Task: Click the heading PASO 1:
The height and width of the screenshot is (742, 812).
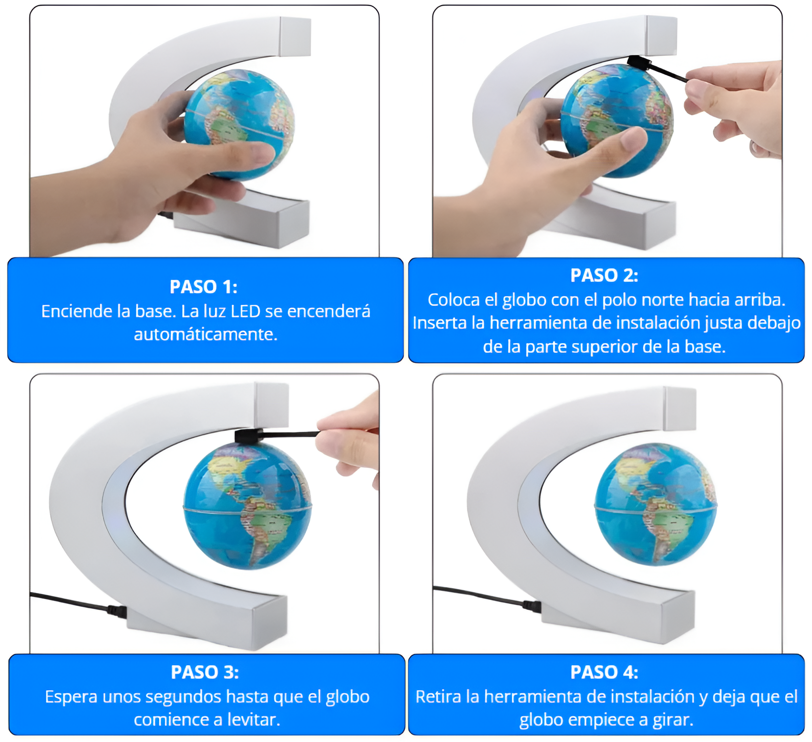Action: (203, 287)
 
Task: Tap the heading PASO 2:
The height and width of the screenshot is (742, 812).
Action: (604, 275)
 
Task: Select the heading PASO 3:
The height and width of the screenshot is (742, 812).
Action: (205, 672)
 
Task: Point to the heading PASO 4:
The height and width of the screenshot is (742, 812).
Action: (604, 672)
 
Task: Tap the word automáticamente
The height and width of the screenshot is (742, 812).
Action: (206, 335)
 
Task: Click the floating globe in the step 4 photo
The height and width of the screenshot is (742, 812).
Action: (655, 504)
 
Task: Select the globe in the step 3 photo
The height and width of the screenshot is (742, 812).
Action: (247, 505)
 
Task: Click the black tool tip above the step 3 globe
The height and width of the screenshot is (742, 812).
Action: (247, 436)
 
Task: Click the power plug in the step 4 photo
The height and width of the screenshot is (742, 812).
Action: (532, 606)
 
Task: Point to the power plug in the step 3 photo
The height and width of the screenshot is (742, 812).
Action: (117, 611)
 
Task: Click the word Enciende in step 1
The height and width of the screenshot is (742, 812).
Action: (71, 312)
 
